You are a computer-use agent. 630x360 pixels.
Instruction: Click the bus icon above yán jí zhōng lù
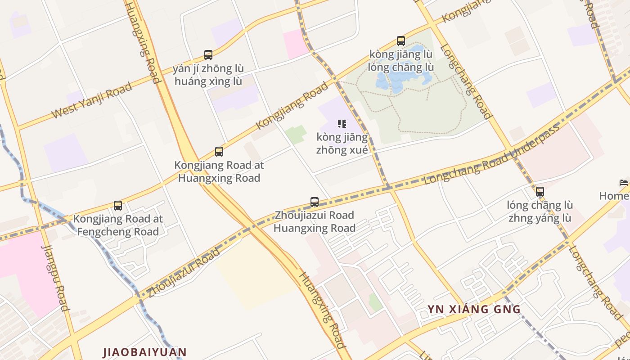click(208, 55)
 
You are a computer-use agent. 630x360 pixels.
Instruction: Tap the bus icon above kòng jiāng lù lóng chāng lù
click(401, 41)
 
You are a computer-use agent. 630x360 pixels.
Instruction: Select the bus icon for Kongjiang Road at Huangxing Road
click(219, 152)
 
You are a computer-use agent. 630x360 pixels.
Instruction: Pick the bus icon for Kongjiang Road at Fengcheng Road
click(118, 206)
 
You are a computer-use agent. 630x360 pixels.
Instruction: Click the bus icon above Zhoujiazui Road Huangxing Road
click(315, 202)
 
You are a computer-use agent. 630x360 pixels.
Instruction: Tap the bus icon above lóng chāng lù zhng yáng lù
click(540, 192)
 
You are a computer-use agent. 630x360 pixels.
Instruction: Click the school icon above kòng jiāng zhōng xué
click(342, 123)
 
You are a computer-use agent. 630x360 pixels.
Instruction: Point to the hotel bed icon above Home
click(624, 183)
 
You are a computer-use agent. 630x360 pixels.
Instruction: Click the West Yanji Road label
click(92, 100)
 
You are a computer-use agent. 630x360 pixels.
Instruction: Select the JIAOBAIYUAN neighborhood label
click(144, 351)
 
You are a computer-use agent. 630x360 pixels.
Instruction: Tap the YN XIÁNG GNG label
click(474, 309)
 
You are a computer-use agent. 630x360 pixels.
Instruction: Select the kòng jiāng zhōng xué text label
click(342, 144)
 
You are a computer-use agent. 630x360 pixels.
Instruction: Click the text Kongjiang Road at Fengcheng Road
click(118, 225)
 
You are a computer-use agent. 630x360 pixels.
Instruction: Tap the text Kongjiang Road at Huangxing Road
click(219, 171)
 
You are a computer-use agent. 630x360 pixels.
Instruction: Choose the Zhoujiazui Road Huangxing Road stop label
click(315, 221)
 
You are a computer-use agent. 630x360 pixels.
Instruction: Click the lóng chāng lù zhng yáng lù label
click(540, 211)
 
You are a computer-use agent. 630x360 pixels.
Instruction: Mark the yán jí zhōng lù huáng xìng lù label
click(208, 75)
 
